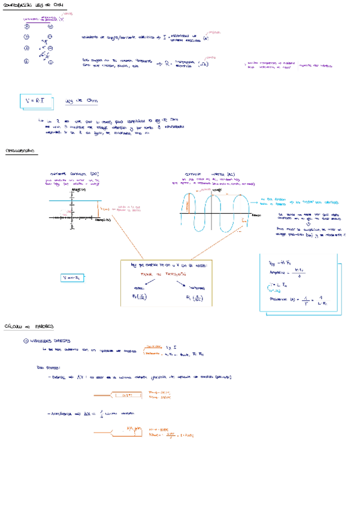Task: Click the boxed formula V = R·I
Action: (x=36, y=101)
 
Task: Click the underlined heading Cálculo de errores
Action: (x=29, y=326)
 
